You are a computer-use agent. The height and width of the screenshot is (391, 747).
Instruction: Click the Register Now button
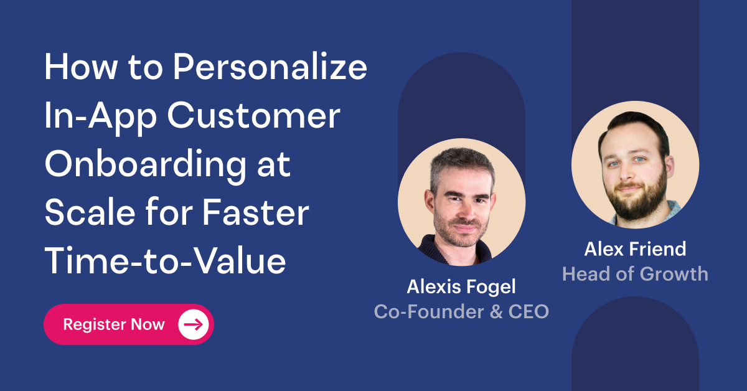tap(129, 324)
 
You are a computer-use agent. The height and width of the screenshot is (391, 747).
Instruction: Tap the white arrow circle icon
tap(194, 324)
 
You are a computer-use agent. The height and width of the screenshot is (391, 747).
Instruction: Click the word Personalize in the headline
tap(270, 67)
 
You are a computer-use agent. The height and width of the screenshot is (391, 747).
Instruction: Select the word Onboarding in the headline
tap(146, 164)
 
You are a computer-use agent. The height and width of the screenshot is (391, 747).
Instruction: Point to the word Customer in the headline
tap(253, 116)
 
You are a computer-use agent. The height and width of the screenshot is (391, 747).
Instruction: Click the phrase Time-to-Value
tap(165, 261)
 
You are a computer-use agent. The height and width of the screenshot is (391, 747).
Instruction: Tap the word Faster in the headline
tap(256, 213)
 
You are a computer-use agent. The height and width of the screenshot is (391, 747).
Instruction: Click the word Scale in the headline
tap(90, 212)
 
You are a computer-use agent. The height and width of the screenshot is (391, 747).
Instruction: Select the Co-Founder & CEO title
tap(461, 311)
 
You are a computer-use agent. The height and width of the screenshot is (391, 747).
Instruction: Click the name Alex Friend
tap(635, 249)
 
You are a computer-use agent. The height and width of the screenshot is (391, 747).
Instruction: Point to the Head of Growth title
tap(635, 274)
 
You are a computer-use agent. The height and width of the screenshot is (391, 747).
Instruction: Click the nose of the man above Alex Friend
tap(626, 173)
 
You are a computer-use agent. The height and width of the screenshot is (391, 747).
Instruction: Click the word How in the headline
tap(80, 67)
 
